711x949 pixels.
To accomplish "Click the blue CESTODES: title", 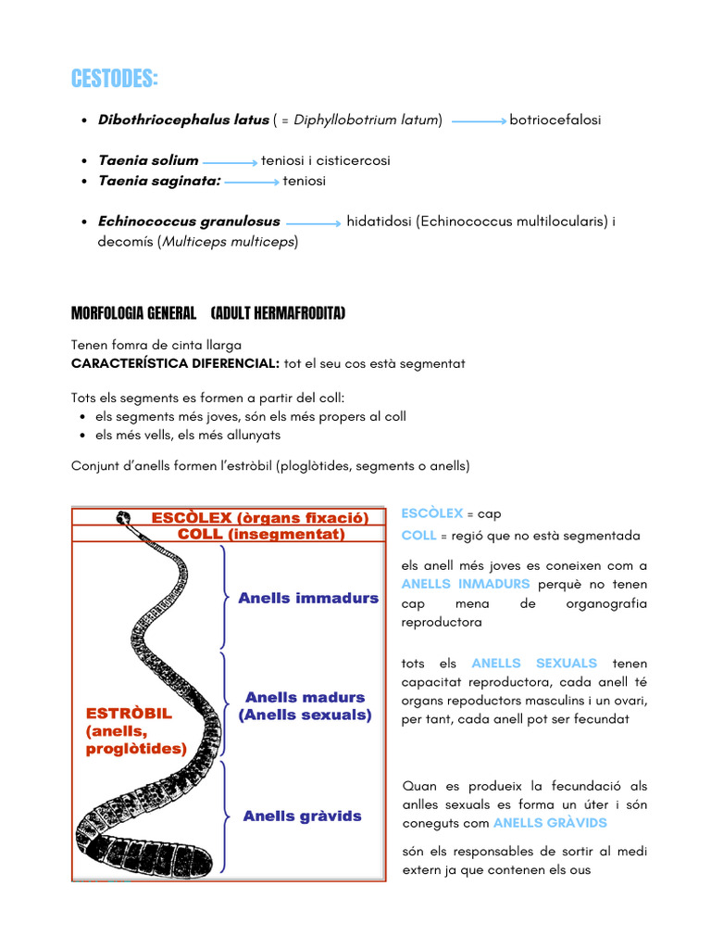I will tap(114, 80).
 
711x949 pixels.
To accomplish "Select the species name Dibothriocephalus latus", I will tap(183, 120).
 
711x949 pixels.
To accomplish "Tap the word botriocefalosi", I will tap(555, 120).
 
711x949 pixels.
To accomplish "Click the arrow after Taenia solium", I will tap(230, 162).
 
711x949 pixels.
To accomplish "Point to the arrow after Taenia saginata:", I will tap(252, 183).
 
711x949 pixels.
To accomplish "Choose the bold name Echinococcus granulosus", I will tap(189, 221).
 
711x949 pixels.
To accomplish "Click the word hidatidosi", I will tap(379, 221).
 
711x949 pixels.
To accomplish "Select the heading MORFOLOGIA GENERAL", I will tap(133, 314).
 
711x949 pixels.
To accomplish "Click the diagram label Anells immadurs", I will tap(308, 598).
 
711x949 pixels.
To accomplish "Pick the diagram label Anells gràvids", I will tap(302, 816).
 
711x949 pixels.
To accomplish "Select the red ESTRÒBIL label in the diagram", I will tap(129, 715).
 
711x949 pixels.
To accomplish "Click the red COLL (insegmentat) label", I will tap(261, 535).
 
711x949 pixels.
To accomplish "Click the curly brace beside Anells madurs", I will tap(225, 705).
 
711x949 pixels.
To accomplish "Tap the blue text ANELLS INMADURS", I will tap(466, 584).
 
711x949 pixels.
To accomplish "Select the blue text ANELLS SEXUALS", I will tap(534, 664).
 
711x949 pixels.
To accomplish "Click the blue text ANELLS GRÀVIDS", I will tap(550, 823).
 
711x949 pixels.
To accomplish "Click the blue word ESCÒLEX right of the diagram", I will tap(431, 513).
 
